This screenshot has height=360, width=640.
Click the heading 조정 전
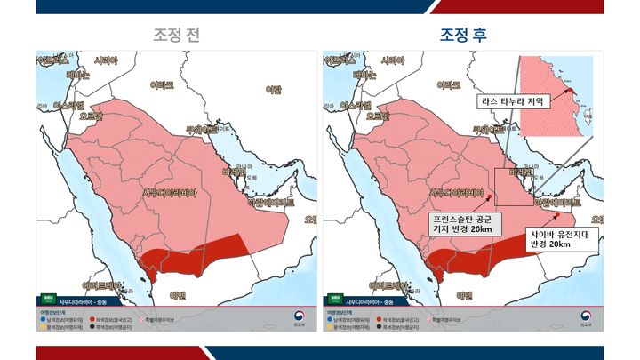coord(176,35)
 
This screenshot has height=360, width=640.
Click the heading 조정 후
coord(462,35)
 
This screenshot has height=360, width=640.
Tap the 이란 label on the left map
coord(275,89)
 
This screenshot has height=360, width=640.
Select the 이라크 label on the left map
coord(162,85)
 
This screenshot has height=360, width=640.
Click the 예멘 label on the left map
coord(178,294)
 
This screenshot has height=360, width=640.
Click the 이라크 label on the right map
coord(450,85)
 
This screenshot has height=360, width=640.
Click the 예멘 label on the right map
coord(466,294)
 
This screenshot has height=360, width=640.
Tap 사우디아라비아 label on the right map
coord(459,192)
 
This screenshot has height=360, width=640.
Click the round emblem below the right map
coord(584,316)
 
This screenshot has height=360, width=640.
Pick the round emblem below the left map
coord(296,316)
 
